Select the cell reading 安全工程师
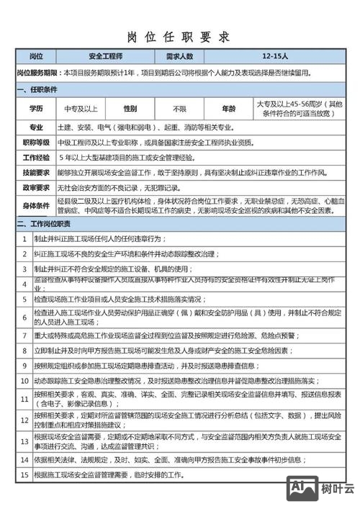(105, 56)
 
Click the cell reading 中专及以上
(80, 109)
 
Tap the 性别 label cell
(130, 109)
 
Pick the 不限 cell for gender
(179, 109)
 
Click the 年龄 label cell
(228, 109)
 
